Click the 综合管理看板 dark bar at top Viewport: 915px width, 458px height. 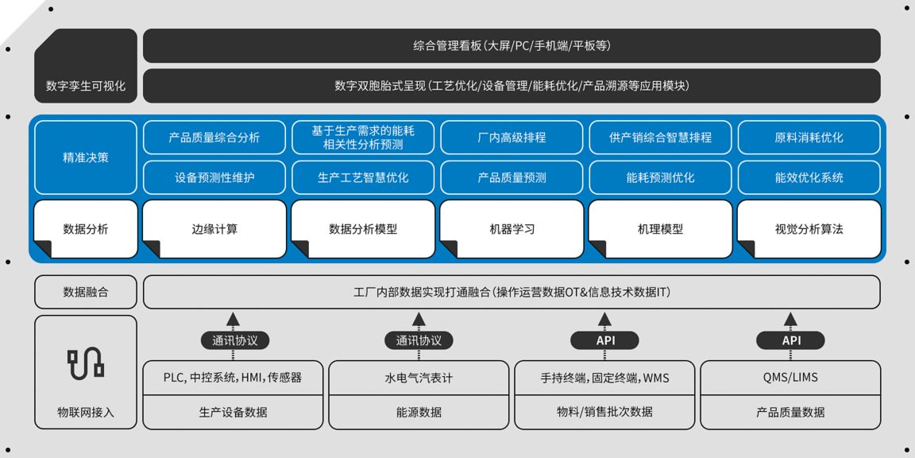(512, 45)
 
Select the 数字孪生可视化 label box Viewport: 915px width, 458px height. (86, 66)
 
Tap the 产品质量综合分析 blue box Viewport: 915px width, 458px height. (214, 138)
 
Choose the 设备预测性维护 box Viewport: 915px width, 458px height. (214, 177)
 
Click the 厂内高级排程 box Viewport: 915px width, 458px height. (512, 138)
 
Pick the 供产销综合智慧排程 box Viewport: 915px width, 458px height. (660, 138)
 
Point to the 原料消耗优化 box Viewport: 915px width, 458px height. (809, 138)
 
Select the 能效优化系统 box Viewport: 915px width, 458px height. (809, 177)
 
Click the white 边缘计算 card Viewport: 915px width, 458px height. (214, 229)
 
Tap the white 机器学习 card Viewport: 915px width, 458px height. (512, 229)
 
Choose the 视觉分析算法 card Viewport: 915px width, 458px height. (809, 229)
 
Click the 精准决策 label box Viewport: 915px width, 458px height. (86, 157)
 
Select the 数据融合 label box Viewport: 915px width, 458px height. (86, 292)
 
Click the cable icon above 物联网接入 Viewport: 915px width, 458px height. (86, 364)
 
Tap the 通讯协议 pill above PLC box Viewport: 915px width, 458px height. (233, 340)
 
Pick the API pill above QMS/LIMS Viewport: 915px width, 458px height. (790, 340)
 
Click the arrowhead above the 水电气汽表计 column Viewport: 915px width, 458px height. (419, 318)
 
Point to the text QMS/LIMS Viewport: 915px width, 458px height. (790, 378)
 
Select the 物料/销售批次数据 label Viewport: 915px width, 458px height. (604, 412)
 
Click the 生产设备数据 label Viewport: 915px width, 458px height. (233, 412)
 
